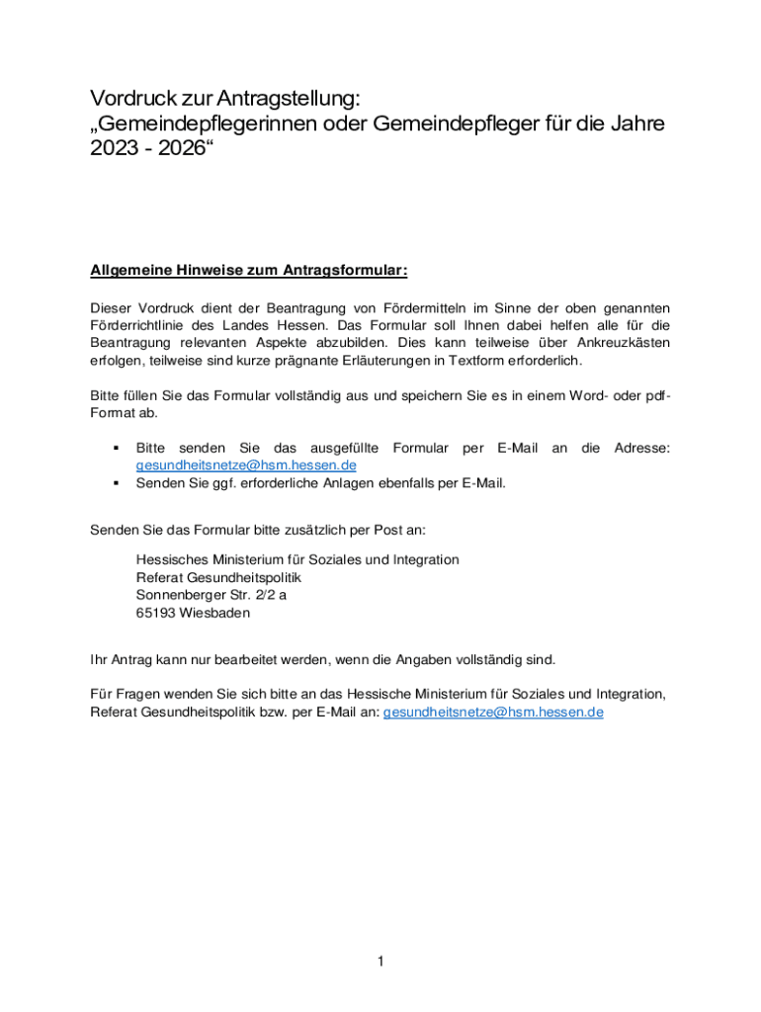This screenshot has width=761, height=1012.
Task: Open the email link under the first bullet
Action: [x=245, y=465]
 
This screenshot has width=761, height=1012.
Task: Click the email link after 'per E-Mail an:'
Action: [x=492, y=712]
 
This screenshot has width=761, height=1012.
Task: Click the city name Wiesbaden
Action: [x=214, y=613]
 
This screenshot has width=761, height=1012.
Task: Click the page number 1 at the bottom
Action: [x=380, y=961]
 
